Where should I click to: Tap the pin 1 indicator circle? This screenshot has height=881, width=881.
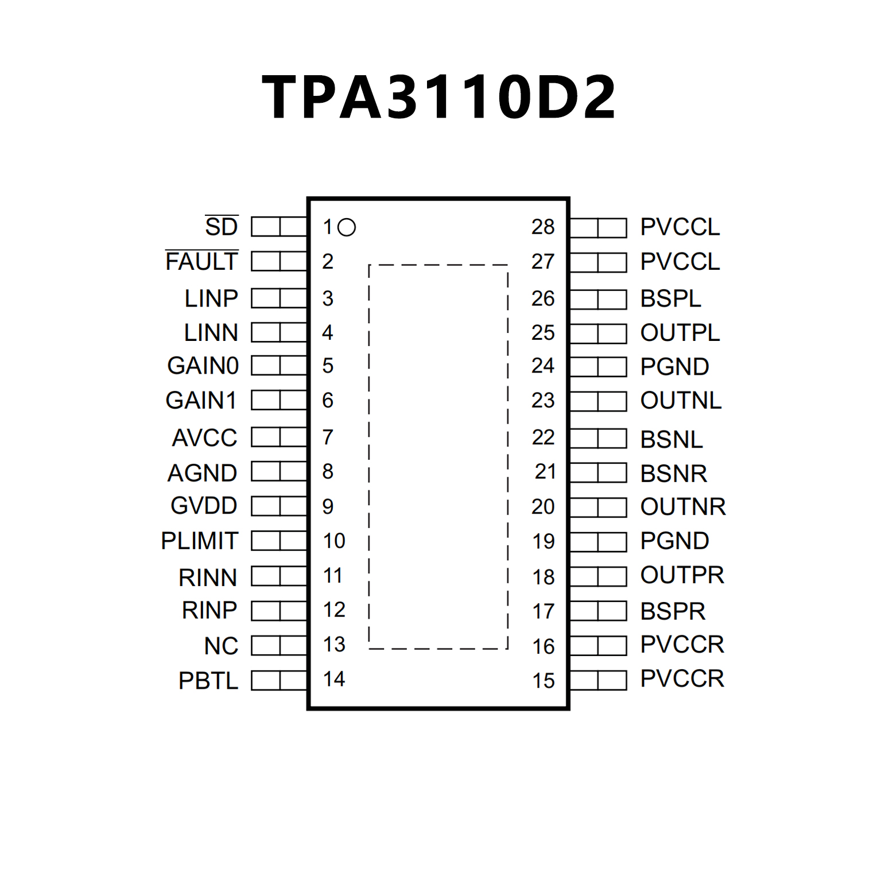point(347,228)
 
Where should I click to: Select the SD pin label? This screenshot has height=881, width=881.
point(222,227)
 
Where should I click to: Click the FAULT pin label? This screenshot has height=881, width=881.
point(201,262)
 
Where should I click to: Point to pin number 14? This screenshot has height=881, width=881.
point(333,679)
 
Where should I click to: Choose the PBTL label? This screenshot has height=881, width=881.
point(208,681)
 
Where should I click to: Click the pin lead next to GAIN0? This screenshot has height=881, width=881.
point(279,366)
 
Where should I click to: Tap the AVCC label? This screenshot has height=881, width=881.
point(205,438)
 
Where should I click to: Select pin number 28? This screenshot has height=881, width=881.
point(542,227)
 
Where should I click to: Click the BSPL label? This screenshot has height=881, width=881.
point(670,299)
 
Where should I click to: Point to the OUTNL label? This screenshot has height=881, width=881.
point(681,401)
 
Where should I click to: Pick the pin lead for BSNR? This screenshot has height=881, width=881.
point(598,473)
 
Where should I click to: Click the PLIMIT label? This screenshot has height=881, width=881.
point(200,541)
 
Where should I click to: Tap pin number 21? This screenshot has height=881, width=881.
point(545,472)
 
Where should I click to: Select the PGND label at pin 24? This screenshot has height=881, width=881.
point(674,367)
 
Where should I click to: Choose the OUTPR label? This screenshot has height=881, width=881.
point(682,575)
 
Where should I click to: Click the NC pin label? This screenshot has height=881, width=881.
point(221,646)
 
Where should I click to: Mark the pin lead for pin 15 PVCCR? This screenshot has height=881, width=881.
point(598,680)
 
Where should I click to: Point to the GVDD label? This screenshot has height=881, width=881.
point(204,506)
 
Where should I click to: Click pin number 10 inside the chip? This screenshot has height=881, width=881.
point(333,541)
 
